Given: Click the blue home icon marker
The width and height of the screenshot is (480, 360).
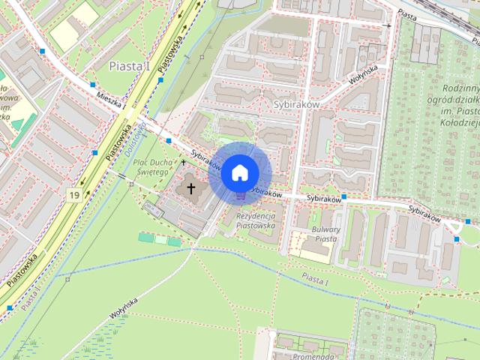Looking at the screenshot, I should tap(238, 172).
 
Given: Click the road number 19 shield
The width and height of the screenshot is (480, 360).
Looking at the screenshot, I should tap(73, 195).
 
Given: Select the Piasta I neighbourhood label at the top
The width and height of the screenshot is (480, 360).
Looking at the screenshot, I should tap(130, 66).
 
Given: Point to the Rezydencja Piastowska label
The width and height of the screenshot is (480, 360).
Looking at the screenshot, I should tap(256, 220).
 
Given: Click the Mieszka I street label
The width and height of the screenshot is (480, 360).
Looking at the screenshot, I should tap(112, 100).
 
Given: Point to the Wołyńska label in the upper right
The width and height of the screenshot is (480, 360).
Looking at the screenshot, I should tap(362, 73).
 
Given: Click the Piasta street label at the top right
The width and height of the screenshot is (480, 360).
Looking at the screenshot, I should tap(408, 14).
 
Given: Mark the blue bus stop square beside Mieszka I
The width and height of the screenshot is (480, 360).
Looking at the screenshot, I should tap(93, 85).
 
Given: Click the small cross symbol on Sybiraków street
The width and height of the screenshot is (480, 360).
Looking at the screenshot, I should tap(183, 161).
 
